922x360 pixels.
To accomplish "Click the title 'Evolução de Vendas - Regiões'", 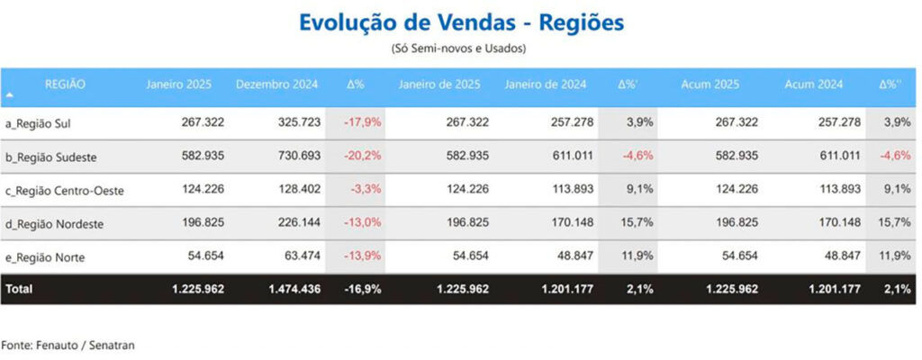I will pyautogui.click(x=459, y=22).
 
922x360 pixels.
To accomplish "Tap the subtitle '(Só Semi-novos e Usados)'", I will pyautogui.click(x=459, y=48).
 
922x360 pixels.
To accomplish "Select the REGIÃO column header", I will pyautogui.click(x=65, y=85).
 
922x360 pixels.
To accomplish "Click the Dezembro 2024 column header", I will pyautogui.click(x=276, y=85).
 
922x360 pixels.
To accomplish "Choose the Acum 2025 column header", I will pyautogui.click(x=711, y=85).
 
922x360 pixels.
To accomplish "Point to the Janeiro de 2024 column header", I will pyautogui.click(x=546, y=85).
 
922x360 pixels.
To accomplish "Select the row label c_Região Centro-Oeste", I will pyautogui.click(x=65, y=190).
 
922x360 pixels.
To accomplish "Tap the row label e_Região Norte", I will pyautogui.click(x=45, y=257).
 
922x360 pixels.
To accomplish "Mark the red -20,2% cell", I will pyautogui.click(x=362, y=156).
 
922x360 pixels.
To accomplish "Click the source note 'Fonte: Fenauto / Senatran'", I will pyautogui.click(x=68, y=345).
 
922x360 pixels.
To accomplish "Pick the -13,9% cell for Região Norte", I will pyautogui.click(x=362, y=256).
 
